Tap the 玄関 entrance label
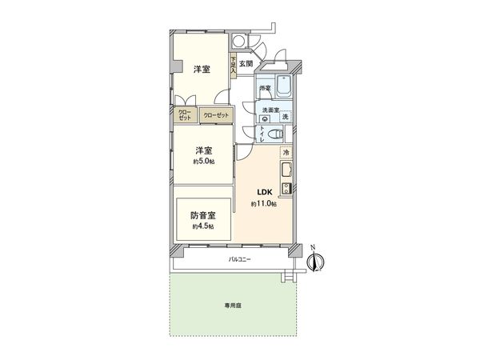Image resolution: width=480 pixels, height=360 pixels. point(246,63)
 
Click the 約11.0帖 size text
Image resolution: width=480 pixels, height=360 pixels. point(264,205)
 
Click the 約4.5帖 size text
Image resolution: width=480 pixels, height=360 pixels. point(202,226)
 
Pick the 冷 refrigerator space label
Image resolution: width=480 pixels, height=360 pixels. point(286,152)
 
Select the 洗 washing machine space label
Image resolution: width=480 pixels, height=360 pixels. point(285,116)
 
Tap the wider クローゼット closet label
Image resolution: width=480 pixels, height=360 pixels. point(216,116)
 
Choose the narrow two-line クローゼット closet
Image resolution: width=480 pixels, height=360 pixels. point(185,115)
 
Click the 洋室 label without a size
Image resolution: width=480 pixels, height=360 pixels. point(202,70)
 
